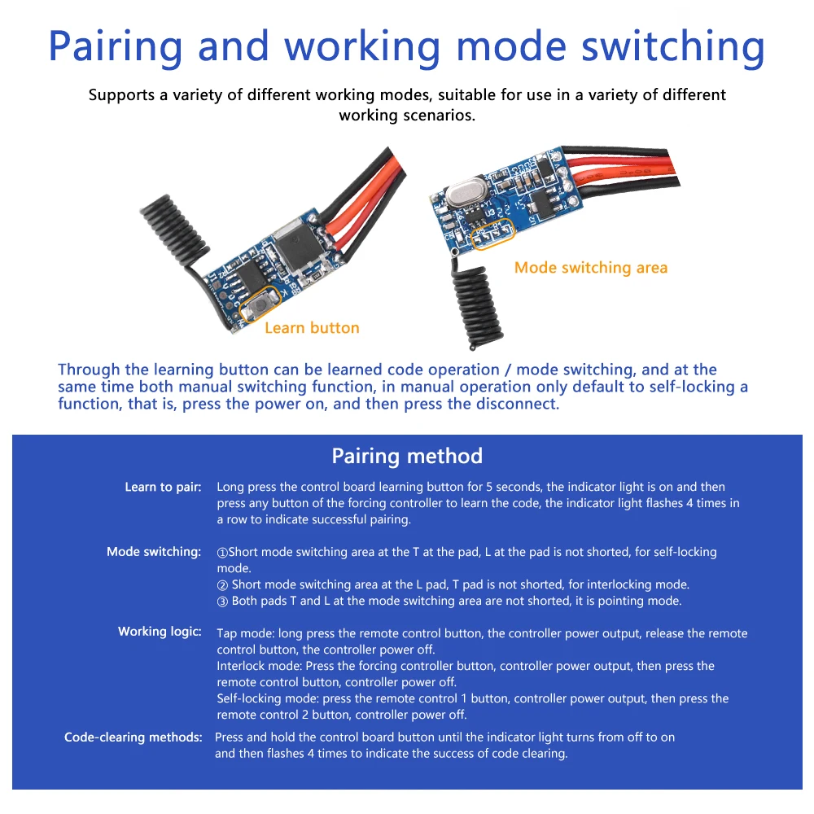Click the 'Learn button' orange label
(312, 328)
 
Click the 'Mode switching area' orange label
(590, 268)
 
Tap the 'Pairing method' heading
(407, 456)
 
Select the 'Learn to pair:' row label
(163, 487)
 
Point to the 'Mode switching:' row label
(154, 552)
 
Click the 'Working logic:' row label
(160, 632)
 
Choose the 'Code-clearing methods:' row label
(133, 737)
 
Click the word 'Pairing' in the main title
(116, 46)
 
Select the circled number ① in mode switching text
(222, 553)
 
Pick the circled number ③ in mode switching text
(222, 602)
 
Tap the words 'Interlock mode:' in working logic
(259, 666)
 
